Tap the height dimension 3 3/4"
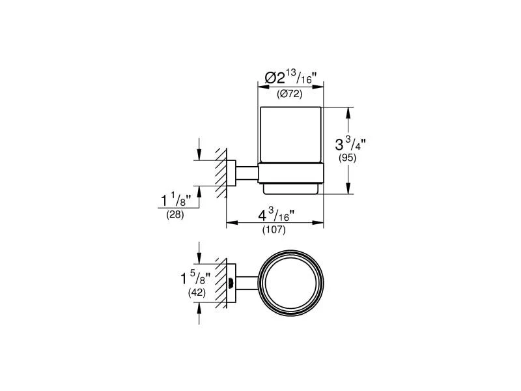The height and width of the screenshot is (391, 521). [x=350, y=143]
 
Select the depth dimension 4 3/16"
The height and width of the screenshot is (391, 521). [x=274, y=214]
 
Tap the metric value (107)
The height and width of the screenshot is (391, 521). [x=274, y=229]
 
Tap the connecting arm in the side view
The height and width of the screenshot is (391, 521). [x=247, y=173]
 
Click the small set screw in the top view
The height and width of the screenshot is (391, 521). [x=231, y=282]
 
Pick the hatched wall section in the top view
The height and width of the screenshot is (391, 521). [x=221, y=282]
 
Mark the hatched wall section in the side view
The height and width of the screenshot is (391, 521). [x=221, y=173]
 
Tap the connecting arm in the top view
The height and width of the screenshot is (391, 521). [x=247, y=282]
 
